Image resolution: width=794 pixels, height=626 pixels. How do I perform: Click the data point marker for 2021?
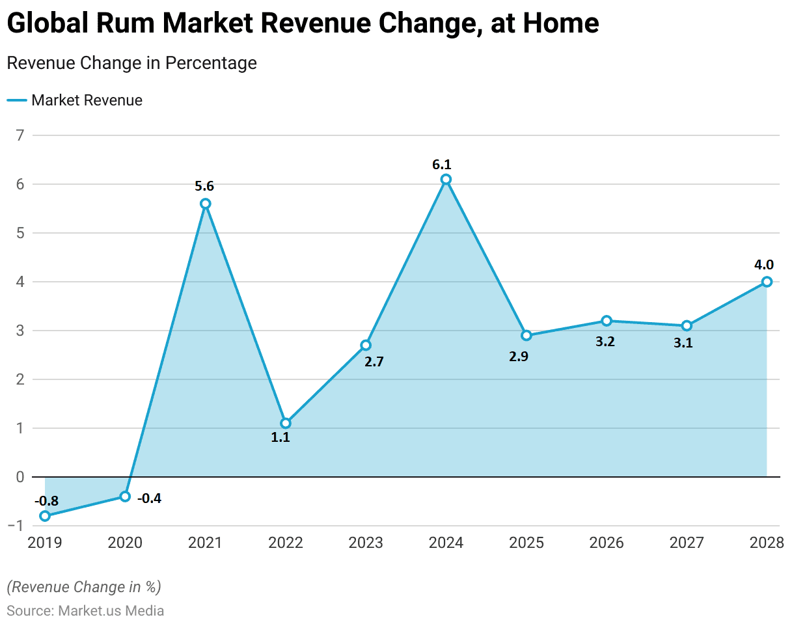[206, 204]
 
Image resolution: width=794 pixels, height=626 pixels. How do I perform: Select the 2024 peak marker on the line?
[446, 179]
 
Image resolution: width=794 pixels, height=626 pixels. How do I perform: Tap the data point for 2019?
[45, 516]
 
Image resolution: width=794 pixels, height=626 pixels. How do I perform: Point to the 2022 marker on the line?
[286, 423]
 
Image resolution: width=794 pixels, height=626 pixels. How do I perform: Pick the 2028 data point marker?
[767, 282]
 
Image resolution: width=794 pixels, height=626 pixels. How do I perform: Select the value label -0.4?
[150, 498]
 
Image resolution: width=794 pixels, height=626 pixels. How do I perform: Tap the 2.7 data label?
[374, 362]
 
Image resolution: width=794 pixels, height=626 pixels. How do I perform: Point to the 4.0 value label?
[764, 265]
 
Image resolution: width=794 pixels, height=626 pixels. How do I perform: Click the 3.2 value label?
[605, 341]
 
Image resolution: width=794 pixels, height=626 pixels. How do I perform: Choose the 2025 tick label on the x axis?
[526, 543]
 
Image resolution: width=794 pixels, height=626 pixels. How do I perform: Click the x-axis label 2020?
[125, 543]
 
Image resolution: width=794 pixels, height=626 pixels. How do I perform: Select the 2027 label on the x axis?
[687, 543]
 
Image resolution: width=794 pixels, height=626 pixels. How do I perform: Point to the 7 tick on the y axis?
[20, 135]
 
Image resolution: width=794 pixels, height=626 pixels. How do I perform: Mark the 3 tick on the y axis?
[20, 331]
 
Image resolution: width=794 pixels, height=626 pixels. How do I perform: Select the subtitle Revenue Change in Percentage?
[131, 63]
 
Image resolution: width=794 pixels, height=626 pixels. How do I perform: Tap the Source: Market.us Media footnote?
[85, 611]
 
